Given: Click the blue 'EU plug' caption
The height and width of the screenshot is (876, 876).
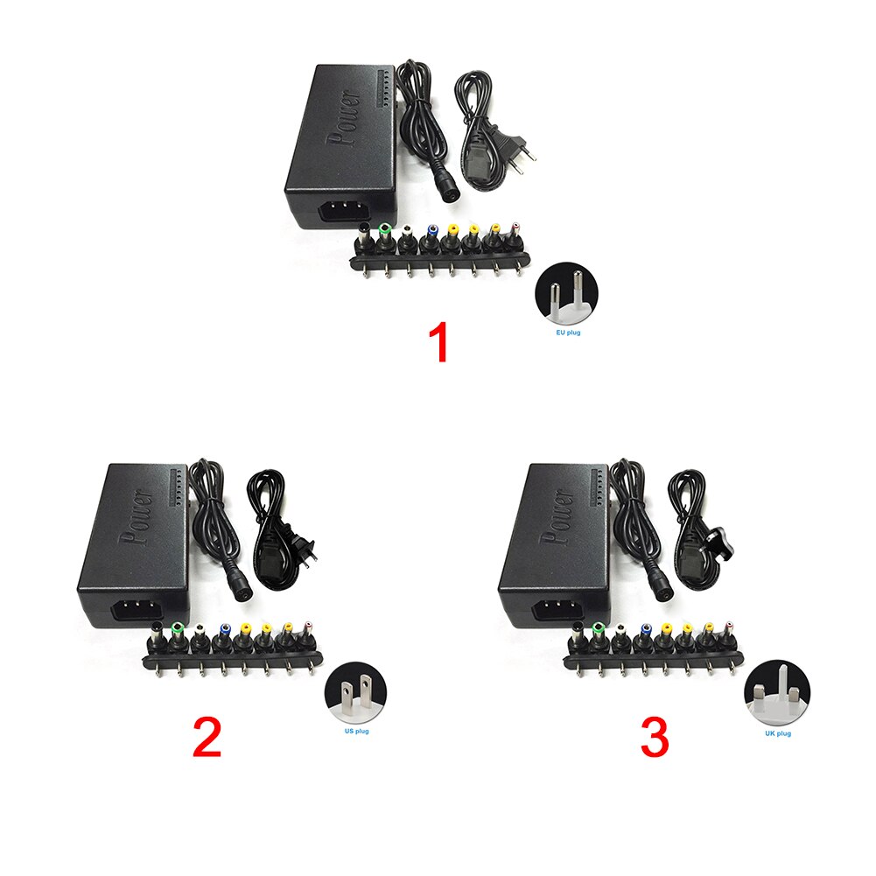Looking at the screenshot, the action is click(x=568, y=333).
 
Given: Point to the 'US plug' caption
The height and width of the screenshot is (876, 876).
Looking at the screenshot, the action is click(x=356, y=731).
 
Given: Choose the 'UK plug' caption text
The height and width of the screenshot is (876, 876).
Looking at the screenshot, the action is click(x=778, y=733).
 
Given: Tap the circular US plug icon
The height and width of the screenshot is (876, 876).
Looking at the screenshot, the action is click(x=356, y=693).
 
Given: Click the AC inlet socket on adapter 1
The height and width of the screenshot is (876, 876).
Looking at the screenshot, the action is click(x=340, y=214).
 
